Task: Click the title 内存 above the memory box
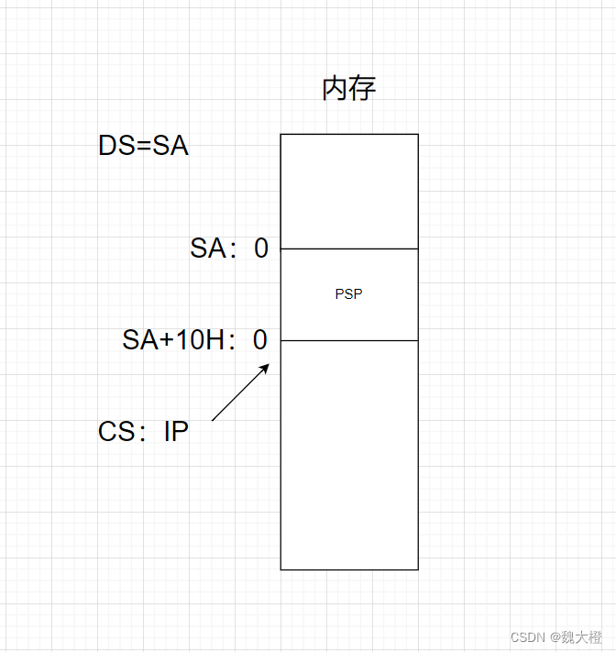(x=348, y=89)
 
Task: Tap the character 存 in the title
(x=363, y=89)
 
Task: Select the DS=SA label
(x=143, y=147)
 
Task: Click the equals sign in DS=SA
(x=143, y=147)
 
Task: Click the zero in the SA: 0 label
(x=261, y=249)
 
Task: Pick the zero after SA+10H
(x=260, y=341)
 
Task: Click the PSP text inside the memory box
(x=348, y=294)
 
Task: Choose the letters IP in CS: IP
(x=176, y=432)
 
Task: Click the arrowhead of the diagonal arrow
(x=266, y=366)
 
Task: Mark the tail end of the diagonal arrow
(x=213, y=420)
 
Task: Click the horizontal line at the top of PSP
(x=348, y=249)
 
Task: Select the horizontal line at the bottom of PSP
(x=348, y=340)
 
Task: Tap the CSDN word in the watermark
(x=528, y=637)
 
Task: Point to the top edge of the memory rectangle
(x=348, y=135)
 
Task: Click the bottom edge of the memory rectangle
(x=348, y=569)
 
